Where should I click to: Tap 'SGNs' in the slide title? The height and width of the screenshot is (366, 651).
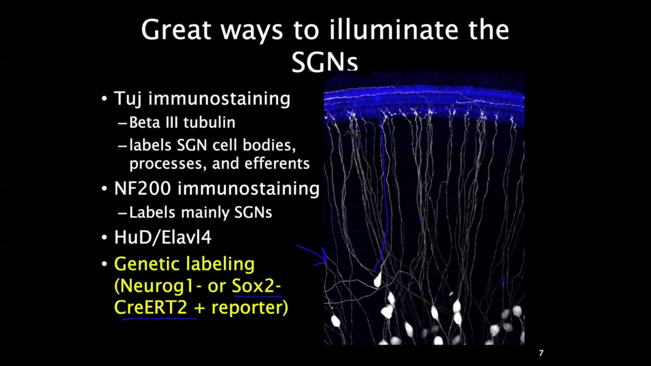click(324, 62)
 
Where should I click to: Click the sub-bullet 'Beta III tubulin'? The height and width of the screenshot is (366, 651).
click(182, 123)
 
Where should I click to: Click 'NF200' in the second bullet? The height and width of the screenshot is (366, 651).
click(142, 189)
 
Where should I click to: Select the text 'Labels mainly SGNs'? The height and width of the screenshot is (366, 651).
click(200, 212)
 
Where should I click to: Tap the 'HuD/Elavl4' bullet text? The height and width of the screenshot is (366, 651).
click(163, 237)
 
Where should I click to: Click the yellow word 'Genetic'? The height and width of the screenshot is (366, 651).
click(146, 264)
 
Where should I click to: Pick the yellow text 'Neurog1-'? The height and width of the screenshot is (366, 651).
click(160, 286)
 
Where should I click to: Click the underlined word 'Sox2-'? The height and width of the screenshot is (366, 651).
click(256, 286)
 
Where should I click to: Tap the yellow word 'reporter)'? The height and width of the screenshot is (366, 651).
click(250, 308)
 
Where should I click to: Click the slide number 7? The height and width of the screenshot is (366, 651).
click(541, 353)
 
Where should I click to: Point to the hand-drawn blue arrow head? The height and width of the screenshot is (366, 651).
click(324, 257)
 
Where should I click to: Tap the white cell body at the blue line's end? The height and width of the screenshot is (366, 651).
click(377, 279)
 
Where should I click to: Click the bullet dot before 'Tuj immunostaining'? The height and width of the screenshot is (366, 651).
click(104, 99)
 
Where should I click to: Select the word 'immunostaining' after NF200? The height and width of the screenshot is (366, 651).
click(248, 189)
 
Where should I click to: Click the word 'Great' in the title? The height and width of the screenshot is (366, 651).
click(175, 30)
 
